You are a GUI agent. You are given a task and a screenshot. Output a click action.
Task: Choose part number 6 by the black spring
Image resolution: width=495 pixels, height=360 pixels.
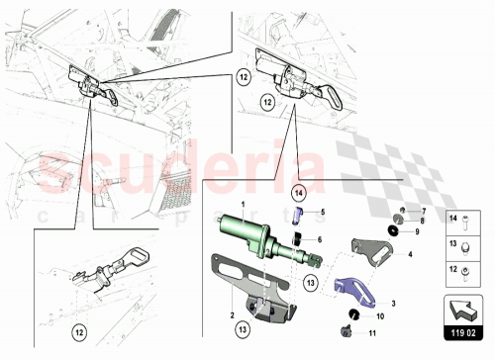[x=320, y=238]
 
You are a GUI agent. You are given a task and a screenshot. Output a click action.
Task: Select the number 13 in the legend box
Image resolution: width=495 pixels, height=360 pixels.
[x=452, y=242]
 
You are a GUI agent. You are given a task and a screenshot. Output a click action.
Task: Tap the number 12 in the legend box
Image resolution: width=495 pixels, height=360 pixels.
[x=452, y=267]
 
